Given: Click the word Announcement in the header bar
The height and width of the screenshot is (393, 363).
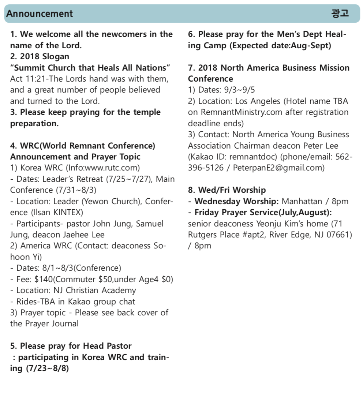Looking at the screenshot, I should pyautogui.click(x=40, y=14).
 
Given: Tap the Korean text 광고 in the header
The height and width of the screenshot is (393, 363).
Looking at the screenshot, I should pyautogui.click(x=340, y=14).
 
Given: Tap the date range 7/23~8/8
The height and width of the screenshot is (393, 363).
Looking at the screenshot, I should pyautogui.click(x=47, y=368).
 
